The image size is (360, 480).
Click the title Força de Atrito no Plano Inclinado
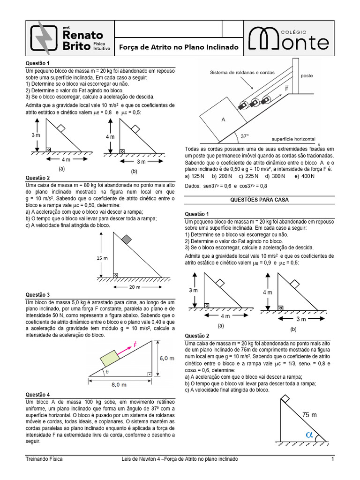click(179, 47)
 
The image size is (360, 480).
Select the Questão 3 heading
click(37, 295)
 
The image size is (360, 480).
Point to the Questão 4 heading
click(37, 395)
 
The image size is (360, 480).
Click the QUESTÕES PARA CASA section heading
click(259, 200)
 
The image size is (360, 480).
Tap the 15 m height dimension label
click(102, 258)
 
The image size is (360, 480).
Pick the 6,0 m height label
click(167, 357)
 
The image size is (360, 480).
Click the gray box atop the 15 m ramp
click(126, 240)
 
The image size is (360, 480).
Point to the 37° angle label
click(245, 136)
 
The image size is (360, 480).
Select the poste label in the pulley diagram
click(307, 75)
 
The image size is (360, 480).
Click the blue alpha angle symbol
click(308, 435)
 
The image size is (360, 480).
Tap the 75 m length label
click(309, 415)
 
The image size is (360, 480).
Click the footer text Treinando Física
click(44, 459)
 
